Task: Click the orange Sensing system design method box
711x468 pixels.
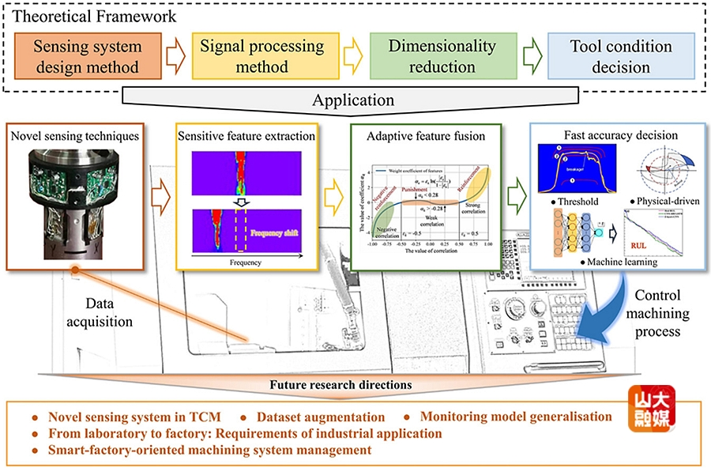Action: point(87,56)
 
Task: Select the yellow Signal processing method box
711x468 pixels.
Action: point(261,56)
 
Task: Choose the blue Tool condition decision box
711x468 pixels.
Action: point(621,56)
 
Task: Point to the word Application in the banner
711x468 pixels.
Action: point(353,100)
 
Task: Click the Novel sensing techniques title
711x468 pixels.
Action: point(76,136)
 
